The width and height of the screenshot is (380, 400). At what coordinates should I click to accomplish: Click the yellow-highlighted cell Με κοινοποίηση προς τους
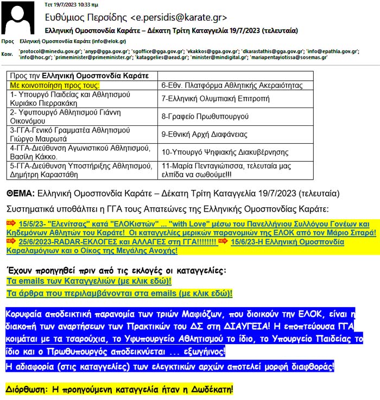[x=55, y=86]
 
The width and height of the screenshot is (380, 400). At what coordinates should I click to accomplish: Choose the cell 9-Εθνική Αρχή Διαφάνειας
[x=207, y=134]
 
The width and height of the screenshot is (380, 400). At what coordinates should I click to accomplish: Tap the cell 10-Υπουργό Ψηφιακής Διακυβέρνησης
[x=226, y=151]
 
